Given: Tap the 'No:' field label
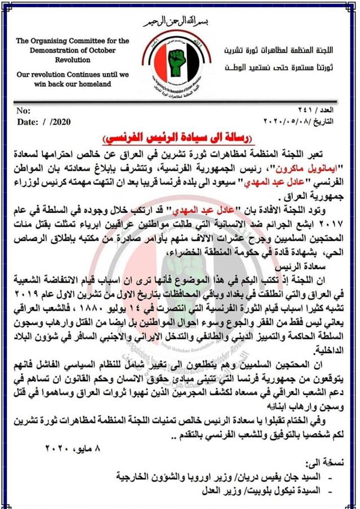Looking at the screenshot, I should click(x=24, y=111).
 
